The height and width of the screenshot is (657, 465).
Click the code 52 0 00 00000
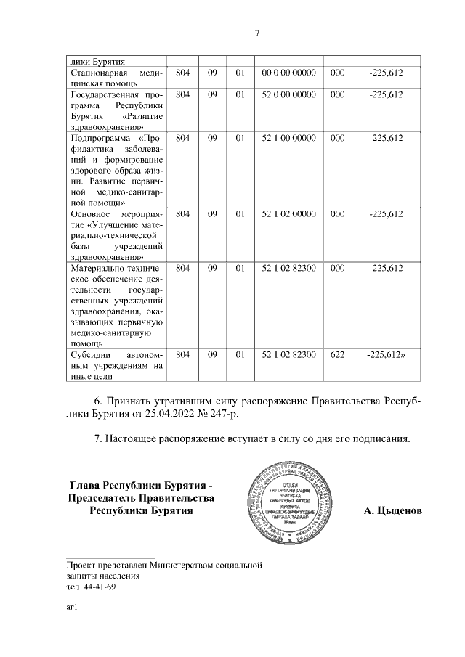(x=288, y=94)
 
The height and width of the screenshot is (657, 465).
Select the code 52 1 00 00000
(x=288, y=138)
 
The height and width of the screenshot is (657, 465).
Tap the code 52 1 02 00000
(x=288, y=214)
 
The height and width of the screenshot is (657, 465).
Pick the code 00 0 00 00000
(x=288, y=73)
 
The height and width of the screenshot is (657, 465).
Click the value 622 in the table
(x=337, y=355)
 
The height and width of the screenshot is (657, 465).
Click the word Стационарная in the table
(x=100, y=73)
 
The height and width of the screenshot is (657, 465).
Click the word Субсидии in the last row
(x=90, y=355)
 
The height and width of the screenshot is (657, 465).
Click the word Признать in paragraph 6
(x=130, y=401)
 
